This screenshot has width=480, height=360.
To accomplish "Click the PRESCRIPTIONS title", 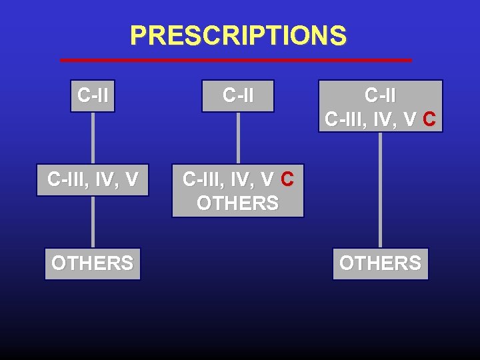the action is [x=238, y=35].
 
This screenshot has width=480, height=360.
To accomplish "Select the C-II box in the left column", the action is [x=93, y=96].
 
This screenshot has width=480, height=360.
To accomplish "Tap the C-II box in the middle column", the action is [x=238, y=96].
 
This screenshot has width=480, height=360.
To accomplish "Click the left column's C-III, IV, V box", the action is [x=93, y=180].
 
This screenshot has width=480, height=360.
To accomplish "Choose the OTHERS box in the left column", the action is [x=93, y=263].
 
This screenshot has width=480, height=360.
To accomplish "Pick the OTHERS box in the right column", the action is [x=380, y=263].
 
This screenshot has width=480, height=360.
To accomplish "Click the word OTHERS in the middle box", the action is [x=237, y=203].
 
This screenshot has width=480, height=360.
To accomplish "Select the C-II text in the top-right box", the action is [x=380, y=96].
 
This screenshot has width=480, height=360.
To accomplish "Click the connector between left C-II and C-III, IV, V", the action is [x=93, y=137].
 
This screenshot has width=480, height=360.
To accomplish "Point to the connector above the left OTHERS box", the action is [x=93, y=221].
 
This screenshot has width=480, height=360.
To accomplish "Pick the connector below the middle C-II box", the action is [x=238, y=137].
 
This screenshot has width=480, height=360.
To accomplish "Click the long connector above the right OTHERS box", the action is [x=380, y=190].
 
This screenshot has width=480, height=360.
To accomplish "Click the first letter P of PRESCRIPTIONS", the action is [x=137, y=35].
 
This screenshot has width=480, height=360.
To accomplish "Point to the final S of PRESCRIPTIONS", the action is [x=339, y=35].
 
